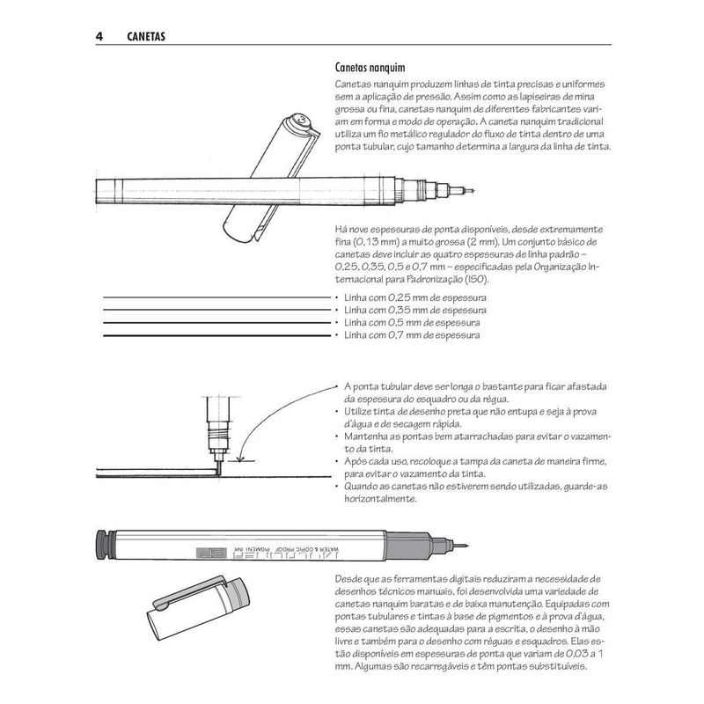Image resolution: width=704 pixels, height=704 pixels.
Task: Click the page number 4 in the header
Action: tap(99, 36)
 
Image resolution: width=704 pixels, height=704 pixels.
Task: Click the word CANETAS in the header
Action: tap(146, 37)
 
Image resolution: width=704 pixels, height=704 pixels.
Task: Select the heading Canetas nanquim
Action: tap(370, 68)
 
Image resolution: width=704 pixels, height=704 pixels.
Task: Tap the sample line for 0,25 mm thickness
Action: tap(216, 297)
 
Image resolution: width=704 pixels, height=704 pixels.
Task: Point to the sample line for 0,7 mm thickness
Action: tap(216, 335)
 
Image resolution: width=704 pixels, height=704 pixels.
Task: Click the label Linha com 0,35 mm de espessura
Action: tap(414, 311)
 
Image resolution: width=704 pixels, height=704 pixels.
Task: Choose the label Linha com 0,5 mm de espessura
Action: tap(412, 323)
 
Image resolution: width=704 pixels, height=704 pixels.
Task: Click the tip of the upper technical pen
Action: tap(473, 191)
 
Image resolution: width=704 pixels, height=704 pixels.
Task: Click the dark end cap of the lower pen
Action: tap(103, 545)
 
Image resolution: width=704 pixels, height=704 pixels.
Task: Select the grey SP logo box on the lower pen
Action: tap(210, 554)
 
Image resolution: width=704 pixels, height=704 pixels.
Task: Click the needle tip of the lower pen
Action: tap(467, 546)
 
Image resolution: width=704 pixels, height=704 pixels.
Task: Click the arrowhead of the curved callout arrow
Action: tap(241, 458)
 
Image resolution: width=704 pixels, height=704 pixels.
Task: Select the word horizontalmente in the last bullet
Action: tap(380, 499)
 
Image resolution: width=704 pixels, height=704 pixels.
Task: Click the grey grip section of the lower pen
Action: tap(408, 546)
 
